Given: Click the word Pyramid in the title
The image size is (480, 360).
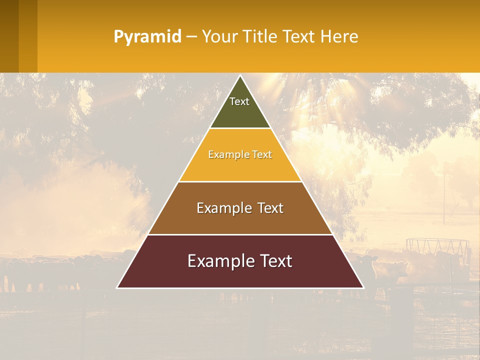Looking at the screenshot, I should [147, 37].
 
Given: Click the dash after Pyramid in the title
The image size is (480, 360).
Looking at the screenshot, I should [191, 37].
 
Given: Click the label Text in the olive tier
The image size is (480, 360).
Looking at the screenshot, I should [239, 101].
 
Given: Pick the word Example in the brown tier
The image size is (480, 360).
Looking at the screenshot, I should [223, 208].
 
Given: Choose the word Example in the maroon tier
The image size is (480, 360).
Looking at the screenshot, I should [217, 261].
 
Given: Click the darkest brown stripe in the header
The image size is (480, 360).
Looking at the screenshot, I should [9, 36].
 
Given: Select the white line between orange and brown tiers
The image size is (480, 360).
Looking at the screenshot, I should [240, 181].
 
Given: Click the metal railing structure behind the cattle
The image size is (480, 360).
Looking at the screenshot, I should [437, 245].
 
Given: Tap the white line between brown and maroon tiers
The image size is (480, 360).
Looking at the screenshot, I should [240, 234].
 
